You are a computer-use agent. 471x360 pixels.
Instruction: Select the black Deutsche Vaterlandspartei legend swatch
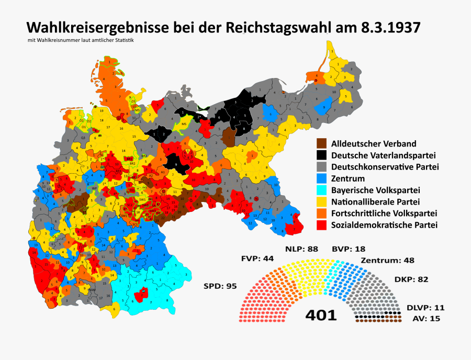coord(322,155)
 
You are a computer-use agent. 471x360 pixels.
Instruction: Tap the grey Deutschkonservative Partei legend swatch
coord(322,167)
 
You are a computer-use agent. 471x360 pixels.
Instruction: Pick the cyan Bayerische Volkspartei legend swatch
coord(322,190)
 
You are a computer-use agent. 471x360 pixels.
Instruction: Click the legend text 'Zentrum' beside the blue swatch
coord(350,179)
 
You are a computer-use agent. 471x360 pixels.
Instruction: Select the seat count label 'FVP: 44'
coord(257,258)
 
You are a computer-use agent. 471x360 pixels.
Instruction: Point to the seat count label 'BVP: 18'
coord(348,249)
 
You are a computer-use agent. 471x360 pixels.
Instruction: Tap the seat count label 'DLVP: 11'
coord(425,308)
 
